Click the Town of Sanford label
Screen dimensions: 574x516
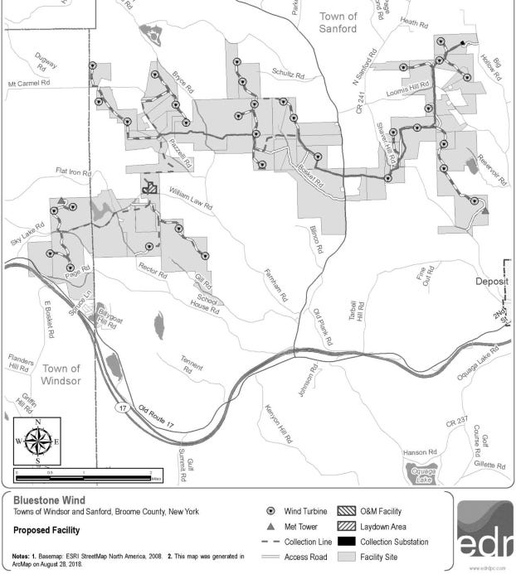tap(338, 22)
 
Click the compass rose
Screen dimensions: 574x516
tap(37, 442)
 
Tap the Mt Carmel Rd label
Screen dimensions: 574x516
tap(29, 84)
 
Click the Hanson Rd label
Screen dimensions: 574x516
tap(419, 452)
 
